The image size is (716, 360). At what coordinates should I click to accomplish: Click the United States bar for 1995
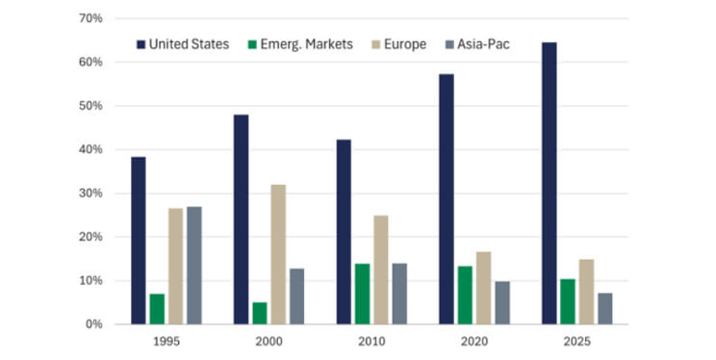coord(139,241)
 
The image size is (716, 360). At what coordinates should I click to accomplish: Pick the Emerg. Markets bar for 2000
coord(260,313)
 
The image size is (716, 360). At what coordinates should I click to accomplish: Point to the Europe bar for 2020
coord(483,288)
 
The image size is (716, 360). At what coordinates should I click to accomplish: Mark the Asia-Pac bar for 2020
coord(502,302)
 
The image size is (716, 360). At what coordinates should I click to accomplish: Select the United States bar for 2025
coord(549,183)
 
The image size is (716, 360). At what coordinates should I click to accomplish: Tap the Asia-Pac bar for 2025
coord(604,308)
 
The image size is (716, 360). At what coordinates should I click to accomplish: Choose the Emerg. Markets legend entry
coord(299,44)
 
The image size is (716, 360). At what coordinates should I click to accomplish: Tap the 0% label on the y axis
coord(93,324)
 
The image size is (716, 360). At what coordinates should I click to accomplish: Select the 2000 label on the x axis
coord(268,343)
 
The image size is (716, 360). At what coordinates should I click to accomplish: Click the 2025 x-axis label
coord(576,343)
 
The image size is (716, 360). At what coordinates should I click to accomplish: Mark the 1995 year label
coord(166,343)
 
